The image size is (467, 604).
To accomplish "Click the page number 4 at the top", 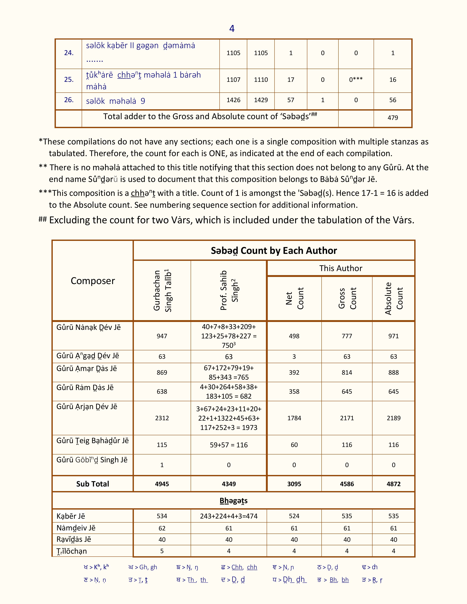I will (232, 29).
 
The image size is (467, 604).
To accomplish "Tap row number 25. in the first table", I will (69, 80).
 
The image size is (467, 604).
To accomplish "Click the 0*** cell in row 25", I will (356, 80).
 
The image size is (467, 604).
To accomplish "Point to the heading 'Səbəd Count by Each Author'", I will (274, 251).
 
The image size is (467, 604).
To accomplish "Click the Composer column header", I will (93, 281).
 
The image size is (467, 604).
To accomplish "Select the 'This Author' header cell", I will (341, 268).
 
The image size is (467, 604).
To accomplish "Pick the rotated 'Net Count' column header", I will (294, 298).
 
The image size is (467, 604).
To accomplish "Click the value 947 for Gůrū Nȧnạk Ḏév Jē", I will (162, 336).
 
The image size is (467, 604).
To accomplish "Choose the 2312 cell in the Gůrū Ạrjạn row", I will (162, 418).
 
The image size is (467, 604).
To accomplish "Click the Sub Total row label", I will (93, 484).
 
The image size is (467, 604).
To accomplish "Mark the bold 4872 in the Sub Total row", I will (393, 484).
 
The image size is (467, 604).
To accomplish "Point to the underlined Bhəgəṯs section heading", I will (233, 501).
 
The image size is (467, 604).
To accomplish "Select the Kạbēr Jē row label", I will (71, 516).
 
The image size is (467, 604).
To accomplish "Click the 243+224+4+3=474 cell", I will (229, 516).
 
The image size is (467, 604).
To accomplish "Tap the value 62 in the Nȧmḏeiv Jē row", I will (162, 528).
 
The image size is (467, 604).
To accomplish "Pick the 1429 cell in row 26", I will (261, 100).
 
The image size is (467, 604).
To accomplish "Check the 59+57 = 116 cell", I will (229, 445).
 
